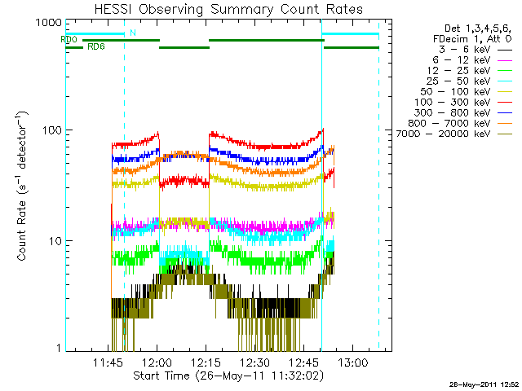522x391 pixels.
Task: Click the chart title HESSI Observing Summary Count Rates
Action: (x=228, y=9)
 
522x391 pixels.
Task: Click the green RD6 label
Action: (x=95, y=46)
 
